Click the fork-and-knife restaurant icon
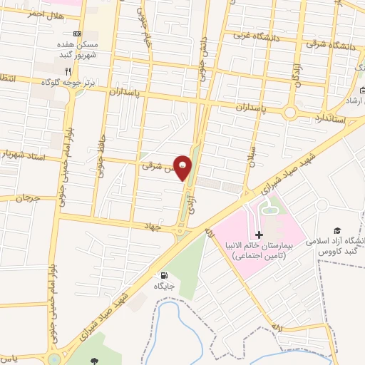68,71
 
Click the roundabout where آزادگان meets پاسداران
290,112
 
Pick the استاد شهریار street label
24,153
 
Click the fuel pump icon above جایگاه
165,275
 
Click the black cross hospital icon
259,235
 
